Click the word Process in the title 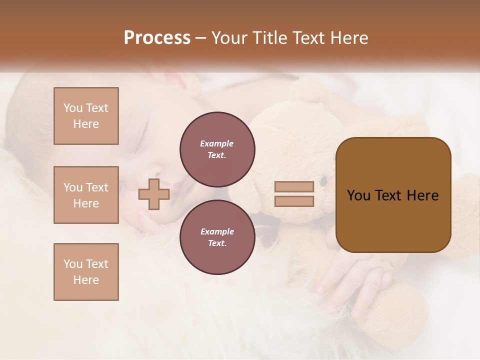click(x=157, y=38)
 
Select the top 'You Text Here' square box click(x=86, y=116)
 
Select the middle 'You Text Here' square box click(x=86, y=195)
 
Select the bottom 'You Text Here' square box click(x=86, y=271)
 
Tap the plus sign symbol click(x=154, y=194)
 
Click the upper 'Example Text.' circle click(x=217, y=149)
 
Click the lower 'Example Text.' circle click(x=217, y=237)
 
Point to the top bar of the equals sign click(x=294, y=187)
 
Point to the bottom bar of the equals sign click(x=294, y=201)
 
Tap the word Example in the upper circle click(x=217, y=143)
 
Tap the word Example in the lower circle click(x=217, y=231)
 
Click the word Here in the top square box click(x=86, y=124)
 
